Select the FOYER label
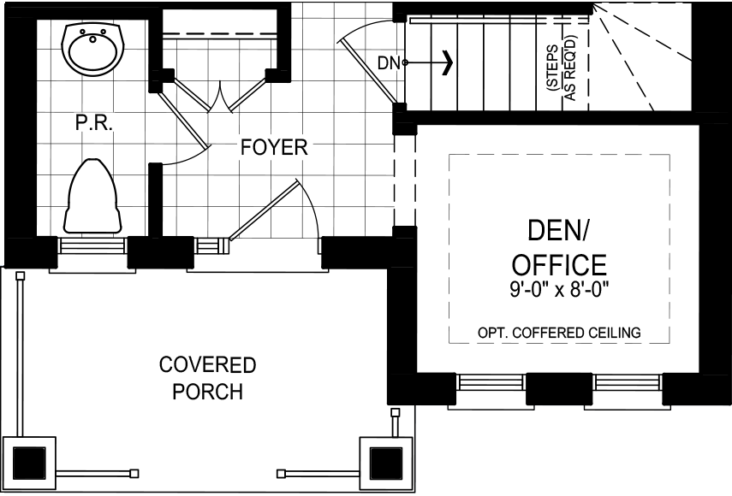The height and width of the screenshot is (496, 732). tap(273, 147)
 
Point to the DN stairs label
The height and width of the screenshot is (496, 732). tap(389, 62)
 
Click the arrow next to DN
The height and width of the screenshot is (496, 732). tap(446, 62)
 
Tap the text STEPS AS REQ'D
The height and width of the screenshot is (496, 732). tap(561, 73)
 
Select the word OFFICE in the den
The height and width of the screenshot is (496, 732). tap(560, 264)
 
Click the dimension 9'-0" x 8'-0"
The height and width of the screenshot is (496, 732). tap(560, 289)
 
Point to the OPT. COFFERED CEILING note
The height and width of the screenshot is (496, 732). tap(560, 333)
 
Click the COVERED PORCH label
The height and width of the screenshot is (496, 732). tap(207, 378)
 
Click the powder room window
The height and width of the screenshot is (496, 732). tap(92, 247)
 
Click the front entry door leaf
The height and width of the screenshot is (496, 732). tap(264, 210)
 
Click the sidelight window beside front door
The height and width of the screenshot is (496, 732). tap(211, 246)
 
